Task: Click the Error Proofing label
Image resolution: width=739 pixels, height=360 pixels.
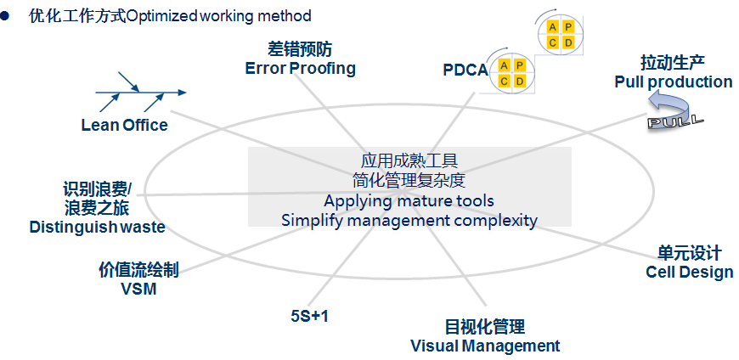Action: click(300, 68)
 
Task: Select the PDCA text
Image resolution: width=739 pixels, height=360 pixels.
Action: click(465, 70)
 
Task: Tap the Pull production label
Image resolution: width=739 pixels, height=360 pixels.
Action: click(673, 82)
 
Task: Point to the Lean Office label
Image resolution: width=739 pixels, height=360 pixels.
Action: click(125, 126)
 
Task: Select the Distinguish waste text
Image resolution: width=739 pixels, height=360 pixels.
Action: click(97, 227)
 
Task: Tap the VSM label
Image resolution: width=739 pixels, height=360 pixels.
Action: click(138, 289)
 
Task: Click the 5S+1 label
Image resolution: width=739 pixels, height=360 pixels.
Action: click(308, 317)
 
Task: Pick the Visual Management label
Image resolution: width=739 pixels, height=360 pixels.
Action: click(485, 346)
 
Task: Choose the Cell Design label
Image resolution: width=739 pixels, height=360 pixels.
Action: click(689, 272)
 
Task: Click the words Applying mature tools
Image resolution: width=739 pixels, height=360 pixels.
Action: click(409, 201)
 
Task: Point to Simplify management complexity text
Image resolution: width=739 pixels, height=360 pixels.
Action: click(409, 221)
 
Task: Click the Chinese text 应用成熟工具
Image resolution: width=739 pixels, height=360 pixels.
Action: click(409, 160)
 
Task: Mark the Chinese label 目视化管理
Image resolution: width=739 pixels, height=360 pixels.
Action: click(485, 327)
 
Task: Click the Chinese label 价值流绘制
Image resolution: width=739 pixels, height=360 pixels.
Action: click(138, 270)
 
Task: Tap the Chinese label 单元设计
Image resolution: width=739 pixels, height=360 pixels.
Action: click(689, 253)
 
